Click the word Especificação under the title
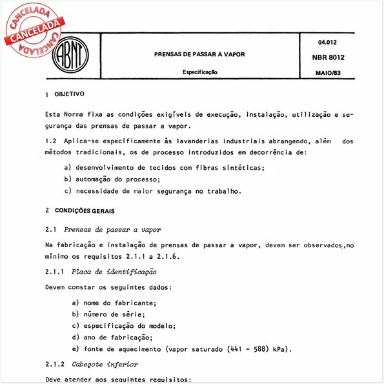tap(199, 73)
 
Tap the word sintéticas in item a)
tap(239, 167)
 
